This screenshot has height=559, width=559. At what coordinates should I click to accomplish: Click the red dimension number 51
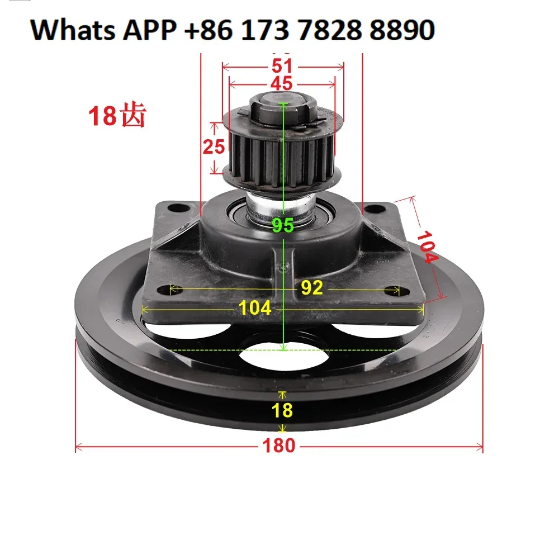coord(282,66)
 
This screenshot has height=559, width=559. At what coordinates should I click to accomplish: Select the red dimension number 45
coord(281,83)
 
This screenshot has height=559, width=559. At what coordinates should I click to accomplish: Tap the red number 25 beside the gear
coord(214,146)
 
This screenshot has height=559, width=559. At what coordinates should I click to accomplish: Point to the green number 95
coord(283,225)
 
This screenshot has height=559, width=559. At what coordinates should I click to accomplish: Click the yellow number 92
coord(312,287)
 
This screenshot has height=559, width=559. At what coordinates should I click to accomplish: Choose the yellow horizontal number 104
coord(254,307)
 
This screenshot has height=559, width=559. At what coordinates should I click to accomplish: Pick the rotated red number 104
coord(427,247)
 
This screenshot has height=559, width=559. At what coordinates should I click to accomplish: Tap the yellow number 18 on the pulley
coord(282,410)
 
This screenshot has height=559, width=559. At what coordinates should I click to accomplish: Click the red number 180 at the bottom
coord(279,446)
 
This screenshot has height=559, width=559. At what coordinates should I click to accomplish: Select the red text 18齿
coord(117,115)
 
